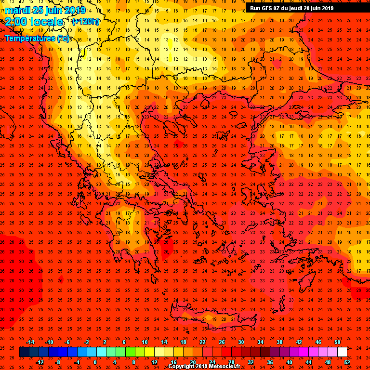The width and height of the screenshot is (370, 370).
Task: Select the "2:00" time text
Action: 16,22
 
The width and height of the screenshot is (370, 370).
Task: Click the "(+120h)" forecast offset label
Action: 86,21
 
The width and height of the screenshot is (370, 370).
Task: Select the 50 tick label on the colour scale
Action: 337,342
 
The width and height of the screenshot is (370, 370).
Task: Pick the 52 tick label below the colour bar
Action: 346,362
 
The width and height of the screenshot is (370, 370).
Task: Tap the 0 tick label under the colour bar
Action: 95,362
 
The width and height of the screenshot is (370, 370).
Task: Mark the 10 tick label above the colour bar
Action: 145,342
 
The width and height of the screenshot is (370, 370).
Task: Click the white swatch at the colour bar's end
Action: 342,352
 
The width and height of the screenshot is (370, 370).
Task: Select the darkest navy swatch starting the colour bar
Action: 24,352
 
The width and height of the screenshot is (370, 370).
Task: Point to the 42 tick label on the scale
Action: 299,342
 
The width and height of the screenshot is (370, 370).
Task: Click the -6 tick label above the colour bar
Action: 67,342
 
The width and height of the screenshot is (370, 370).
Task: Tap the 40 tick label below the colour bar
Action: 289,362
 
